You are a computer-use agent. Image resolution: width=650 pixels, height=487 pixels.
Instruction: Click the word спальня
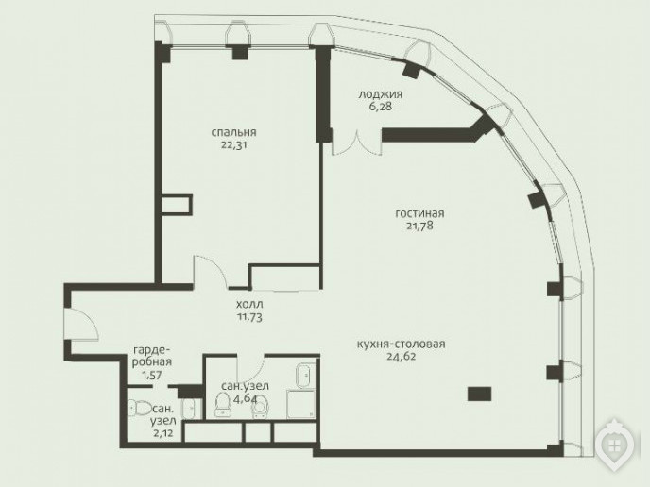tap(233, 132)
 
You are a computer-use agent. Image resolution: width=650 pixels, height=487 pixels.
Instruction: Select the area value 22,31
tap(233, 145)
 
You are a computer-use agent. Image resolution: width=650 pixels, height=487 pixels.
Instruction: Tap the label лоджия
tap(380, 94)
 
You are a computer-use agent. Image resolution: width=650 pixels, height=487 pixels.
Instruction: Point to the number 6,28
tap(380, 107)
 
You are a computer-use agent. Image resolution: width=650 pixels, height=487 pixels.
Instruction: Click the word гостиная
tap(419, 213)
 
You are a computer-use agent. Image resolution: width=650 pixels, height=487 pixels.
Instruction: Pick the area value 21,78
tap(419, 226)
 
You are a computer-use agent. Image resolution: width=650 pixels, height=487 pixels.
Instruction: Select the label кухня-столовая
tap(401, 344)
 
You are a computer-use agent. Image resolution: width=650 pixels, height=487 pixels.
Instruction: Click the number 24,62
tap(401, 356)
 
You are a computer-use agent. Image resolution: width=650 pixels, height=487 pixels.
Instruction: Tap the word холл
tap(249, 305)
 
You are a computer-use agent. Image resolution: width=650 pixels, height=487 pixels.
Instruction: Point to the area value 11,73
tap(249, 317)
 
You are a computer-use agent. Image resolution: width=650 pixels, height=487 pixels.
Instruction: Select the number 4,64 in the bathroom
tap(245, 399)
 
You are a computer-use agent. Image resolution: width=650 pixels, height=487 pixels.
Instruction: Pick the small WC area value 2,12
tap(162, 433)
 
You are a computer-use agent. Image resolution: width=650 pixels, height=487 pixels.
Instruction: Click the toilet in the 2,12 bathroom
tap(140, 408)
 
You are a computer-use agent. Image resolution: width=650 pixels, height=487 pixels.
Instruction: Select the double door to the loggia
tap(357, 143)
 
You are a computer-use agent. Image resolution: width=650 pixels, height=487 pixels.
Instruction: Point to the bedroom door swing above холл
tap(210, 271)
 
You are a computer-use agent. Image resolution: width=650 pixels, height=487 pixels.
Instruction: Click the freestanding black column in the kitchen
tap(479, 394)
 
